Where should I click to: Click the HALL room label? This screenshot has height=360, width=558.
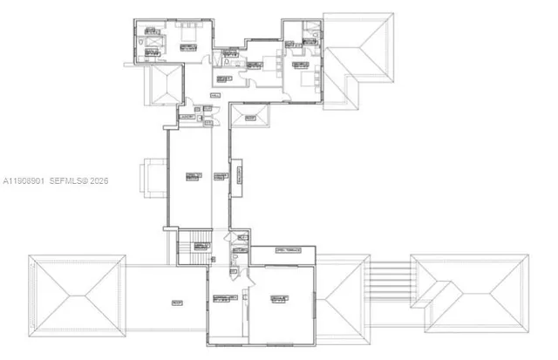point(215,94)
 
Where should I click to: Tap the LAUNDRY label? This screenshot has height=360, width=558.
point(186,116)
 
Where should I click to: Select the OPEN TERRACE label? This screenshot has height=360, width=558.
point(288,250)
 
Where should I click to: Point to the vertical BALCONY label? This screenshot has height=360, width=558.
point(235,178)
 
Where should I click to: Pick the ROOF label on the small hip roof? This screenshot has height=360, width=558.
point(250,118)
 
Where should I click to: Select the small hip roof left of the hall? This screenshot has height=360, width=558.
point(164,85)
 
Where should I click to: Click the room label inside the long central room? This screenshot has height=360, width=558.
point(191,177)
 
